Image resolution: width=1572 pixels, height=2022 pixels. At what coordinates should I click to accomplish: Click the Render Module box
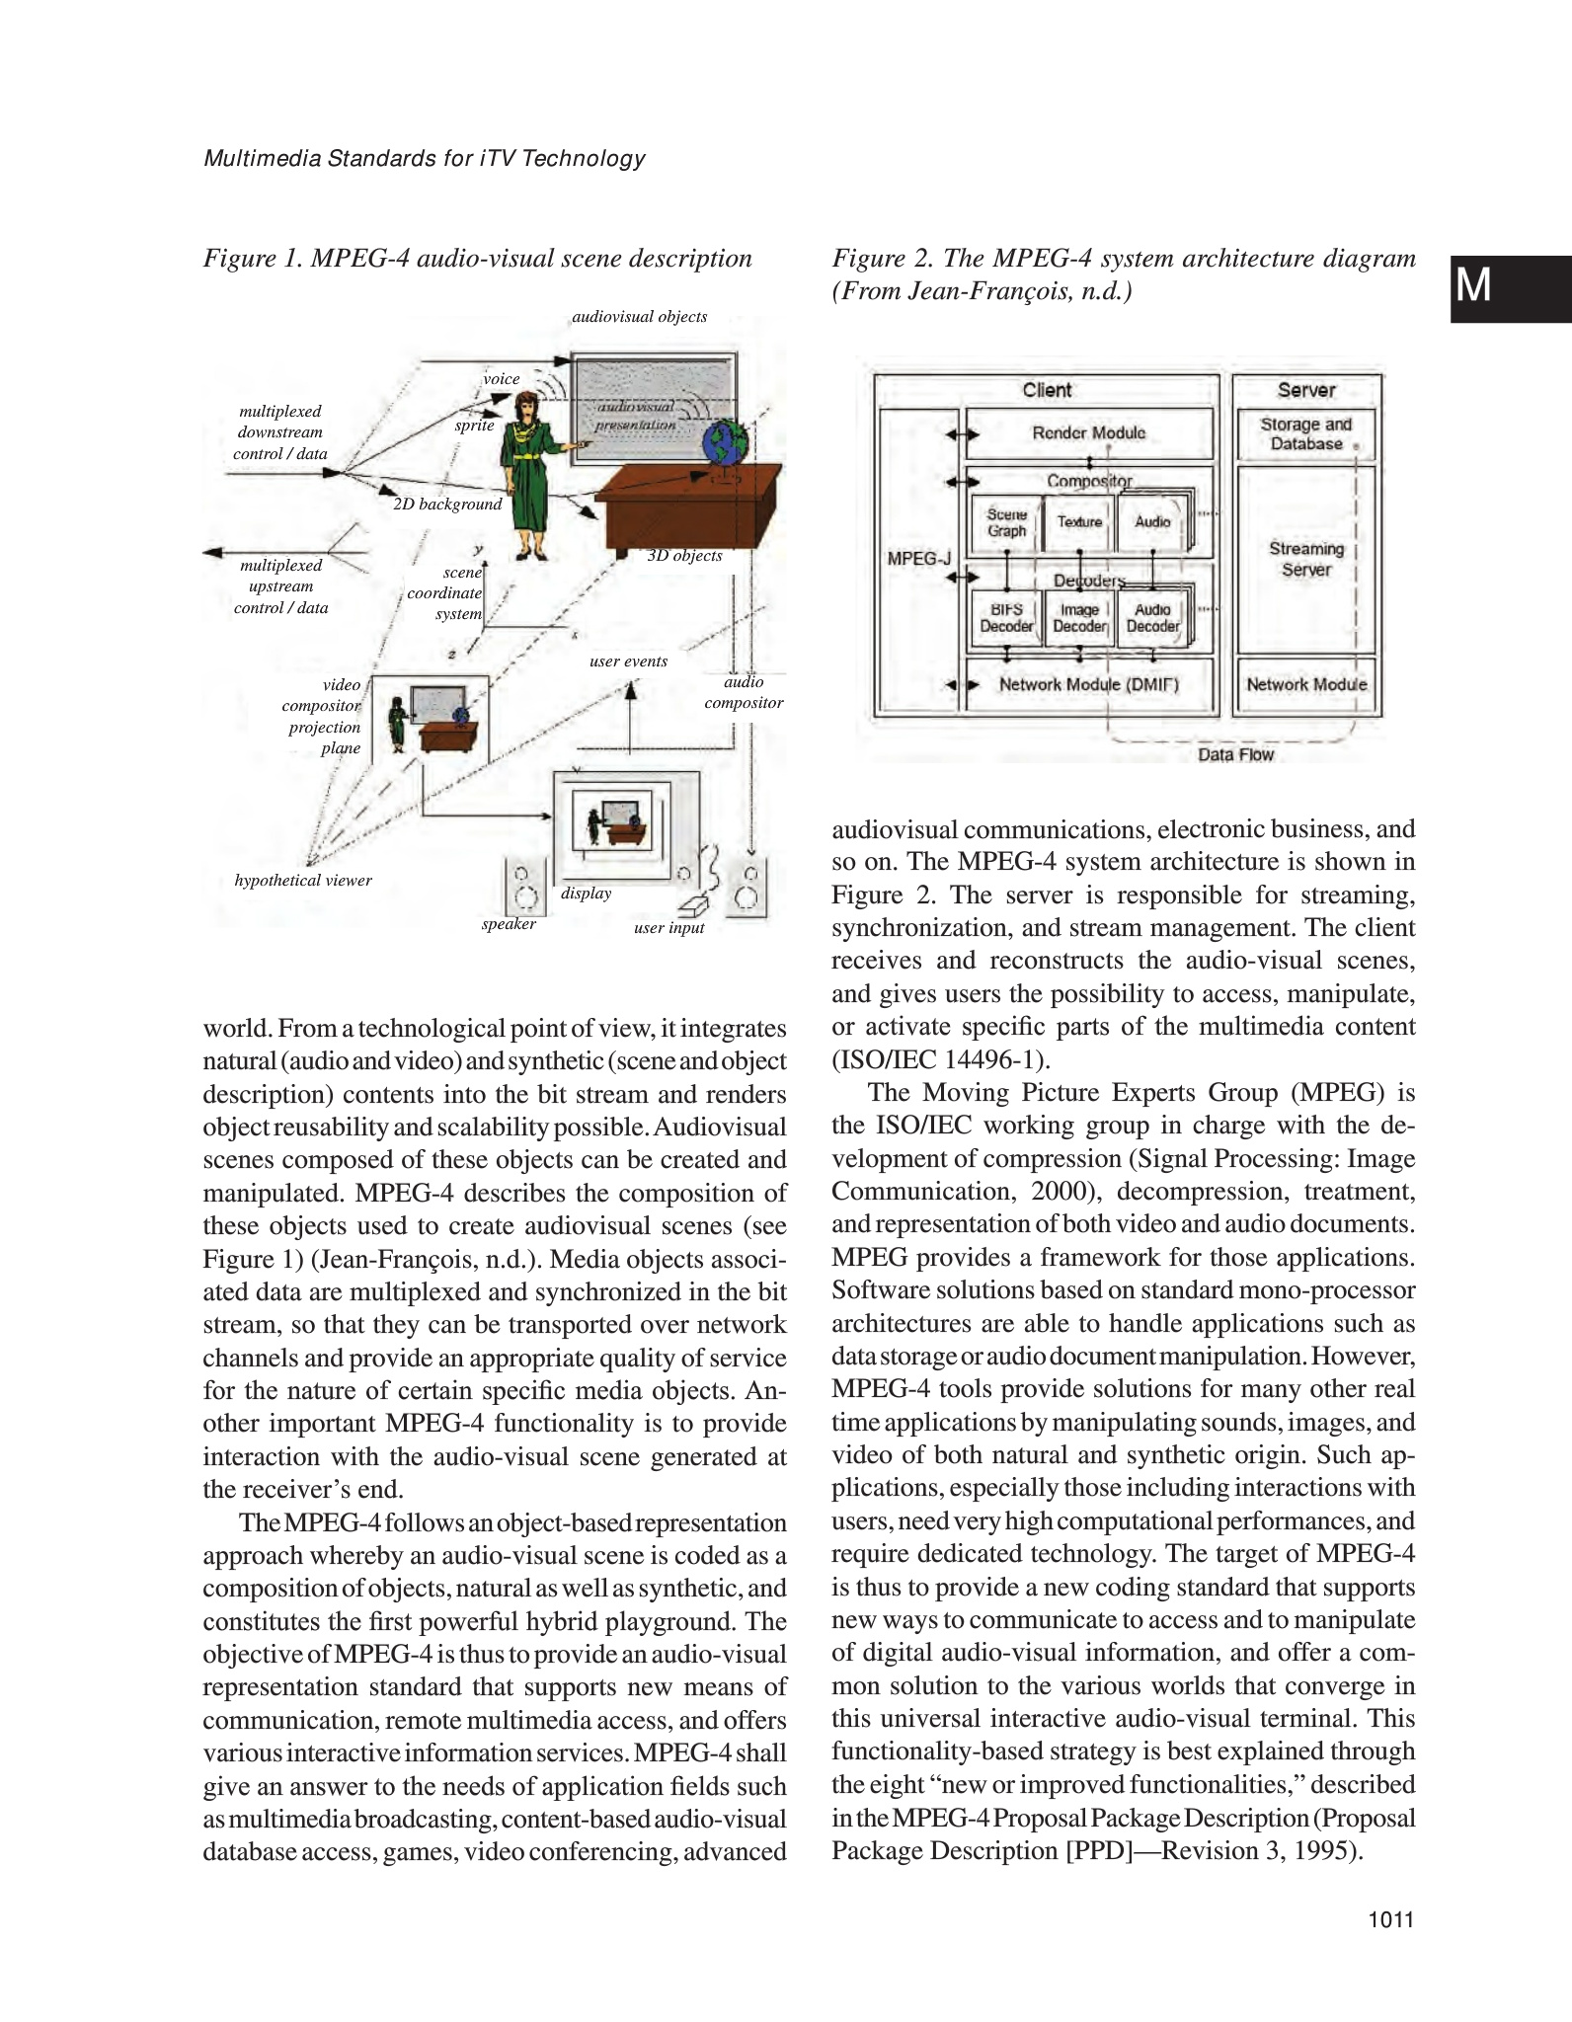coord(1088,432)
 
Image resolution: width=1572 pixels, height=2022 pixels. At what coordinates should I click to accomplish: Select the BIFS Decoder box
coord(1005,618)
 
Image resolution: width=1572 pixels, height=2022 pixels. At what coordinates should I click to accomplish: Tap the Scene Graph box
coord(1006,522)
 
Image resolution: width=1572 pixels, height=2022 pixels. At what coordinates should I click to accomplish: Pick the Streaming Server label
coord(1305,559)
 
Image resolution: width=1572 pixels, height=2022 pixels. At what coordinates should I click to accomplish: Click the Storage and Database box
coord(1305,434)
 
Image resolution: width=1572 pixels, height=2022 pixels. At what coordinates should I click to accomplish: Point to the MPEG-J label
coord(918,558)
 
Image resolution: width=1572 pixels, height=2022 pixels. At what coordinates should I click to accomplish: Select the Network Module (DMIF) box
coord(1089,684)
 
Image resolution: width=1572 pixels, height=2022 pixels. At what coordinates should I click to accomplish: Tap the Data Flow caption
coord(1235,754)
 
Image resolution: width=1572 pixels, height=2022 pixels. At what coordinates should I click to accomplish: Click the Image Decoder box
coord(1079,618)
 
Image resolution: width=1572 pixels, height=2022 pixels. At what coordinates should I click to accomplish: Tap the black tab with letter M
coord(1510,288)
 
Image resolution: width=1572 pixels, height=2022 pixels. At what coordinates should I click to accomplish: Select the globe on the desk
coord(725,444)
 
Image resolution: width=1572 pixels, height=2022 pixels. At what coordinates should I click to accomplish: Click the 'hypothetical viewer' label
coord(303,881)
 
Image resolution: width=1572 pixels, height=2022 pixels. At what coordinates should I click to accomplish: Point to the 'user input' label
coord(668,928)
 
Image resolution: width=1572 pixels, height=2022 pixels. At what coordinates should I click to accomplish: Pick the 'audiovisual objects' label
coord(640,317)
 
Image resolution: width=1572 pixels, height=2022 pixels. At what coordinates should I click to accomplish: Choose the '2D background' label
coord(447,505)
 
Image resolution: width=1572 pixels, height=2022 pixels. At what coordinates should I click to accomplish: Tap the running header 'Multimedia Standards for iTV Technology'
coord(424,158)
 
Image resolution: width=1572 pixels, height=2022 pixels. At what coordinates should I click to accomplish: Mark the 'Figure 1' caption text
coord(477,259)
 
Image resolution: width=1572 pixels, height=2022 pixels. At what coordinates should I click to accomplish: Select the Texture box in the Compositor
coord(1079,521)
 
